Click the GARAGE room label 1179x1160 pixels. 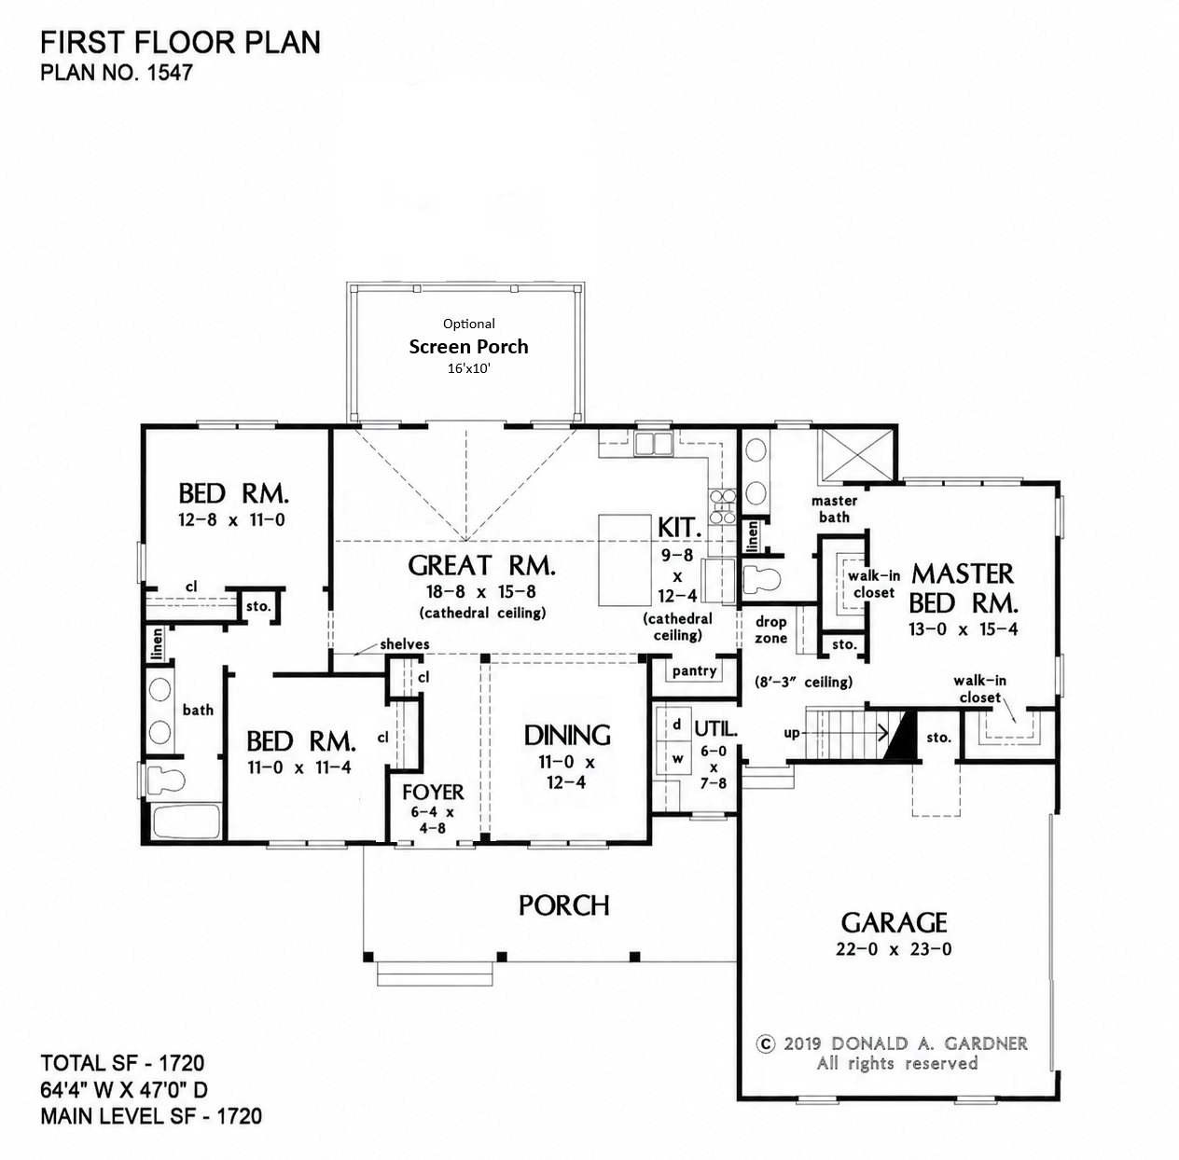(894, 922)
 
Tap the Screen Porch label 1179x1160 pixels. (468, 347)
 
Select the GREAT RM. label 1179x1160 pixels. (481, 565)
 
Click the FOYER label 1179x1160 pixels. (433, 793)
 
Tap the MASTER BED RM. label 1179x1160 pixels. (963, 588)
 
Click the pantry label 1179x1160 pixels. (694, 671)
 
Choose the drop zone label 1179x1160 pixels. (770, 629)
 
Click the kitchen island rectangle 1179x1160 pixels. (624, 559)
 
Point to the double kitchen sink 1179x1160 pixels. (654, 442)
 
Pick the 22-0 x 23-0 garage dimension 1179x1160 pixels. (894, 949)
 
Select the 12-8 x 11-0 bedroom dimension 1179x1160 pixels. (231, 520)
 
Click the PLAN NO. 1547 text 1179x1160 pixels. (117, 73)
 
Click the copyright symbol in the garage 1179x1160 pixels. (766, 1043)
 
